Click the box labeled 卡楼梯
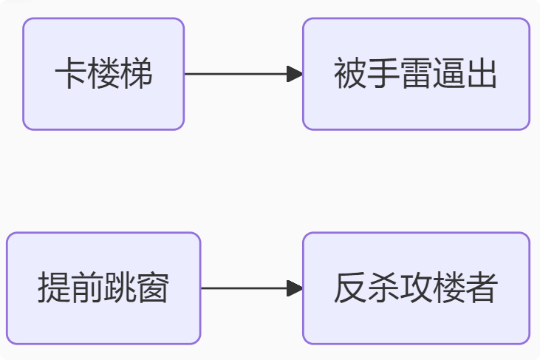[x=103, y=74]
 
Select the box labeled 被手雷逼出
[x=416, y=74]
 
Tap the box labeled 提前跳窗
[x=103, y=288]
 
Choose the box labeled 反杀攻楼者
[x=416, y=288]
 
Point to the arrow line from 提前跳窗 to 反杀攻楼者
[x=244, y=288]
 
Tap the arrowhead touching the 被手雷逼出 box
[x=295, y=74]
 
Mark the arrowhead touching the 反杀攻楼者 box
[x=295, y=288]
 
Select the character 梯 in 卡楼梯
[x=137, y=75]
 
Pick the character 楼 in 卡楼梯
[x=103, y=75]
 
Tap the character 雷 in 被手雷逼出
[x=416, y=75]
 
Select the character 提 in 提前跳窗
[x=54, y=289]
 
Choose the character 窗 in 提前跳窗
[x=153, y=289]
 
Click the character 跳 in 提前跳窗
[x=120, y=289]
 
